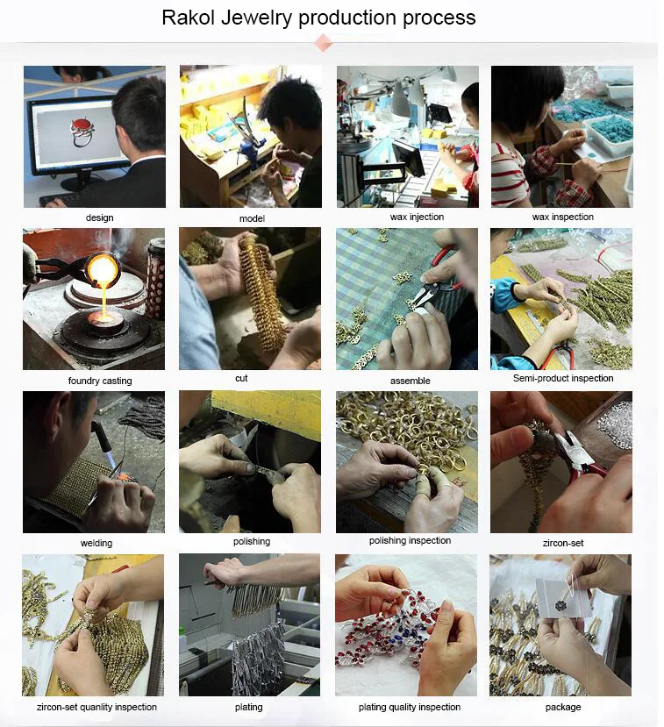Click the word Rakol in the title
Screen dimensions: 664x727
tap(189, 18)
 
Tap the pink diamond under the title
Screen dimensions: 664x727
tap(323, 45)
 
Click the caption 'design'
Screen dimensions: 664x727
tap(100, 217)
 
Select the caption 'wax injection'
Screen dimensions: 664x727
tap(417, 217)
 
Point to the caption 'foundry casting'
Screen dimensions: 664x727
tap(100, 381)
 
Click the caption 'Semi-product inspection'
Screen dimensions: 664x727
tap(563, 378)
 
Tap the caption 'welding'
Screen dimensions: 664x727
tap(96, 543)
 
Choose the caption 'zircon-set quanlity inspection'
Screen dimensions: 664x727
tap(96, 707)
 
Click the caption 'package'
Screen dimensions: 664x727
tap(563, 707)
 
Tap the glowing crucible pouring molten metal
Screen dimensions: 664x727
tap(103, 268)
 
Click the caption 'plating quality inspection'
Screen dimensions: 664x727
tap(410, 707)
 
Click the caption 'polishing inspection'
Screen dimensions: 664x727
tap(410, 540)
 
